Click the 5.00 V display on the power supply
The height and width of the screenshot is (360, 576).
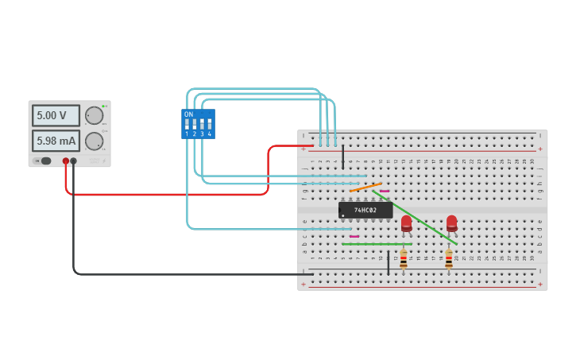click(56, 115)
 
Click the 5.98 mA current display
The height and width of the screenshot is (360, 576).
click(56, 141)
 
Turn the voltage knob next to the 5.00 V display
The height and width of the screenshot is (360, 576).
click(94, 115)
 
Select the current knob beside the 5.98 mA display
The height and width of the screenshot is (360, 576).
click(94, 141)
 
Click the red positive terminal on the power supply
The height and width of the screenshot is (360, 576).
click(65, 161)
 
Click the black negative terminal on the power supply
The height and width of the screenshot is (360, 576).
click(73, 161)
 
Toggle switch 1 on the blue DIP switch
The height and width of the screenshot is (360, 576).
click(187, 125)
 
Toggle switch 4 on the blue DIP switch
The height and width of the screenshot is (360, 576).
click(210, 125)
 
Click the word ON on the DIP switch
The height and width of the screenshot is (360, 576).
click(188, 114)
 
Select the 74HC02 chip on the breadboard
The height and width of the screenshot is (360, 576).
click(365, 210)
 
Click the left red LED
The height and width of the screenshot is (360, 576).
click(406, 223)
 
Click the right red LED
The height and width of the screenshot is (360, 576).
click(451, 223)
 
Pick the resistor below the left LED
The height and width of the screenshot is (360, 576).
click(403, 258)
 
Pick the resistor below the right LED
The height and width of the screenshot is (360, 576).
click(448, 258)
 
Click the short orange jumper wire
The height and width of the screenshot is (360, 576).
click(365, 188)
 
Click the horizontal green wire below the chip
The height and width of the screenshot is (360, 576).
click(373, 244)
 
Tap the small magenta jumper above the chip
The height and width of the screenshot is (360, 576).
click(385, 191)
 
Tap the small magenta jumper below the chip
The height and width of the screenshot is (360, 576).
click(354, 236)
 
